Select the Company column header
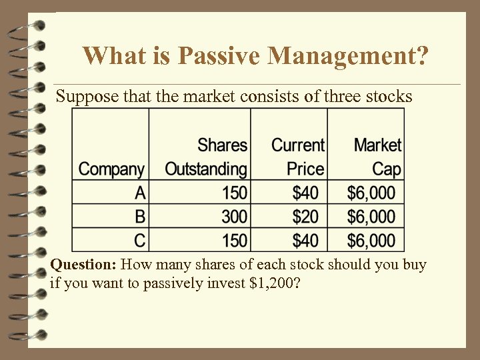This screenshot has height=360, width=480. pyautogui.click(x=111, y=169)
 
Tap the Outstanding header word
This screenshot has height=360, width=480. pyautogui.click(x=205, y=169)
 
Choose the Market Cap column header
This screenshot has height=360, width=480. pyautogui.click(x=377, y=157)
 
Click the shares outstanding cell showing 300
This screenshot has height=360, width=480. pyautogui.click(x=234, y=217)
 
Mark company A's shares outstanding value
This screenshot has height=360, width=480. pyautogui.click(x=234, y=193)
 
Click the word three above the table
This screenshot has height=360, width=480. pyautogui.click(x=341, y=97)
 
